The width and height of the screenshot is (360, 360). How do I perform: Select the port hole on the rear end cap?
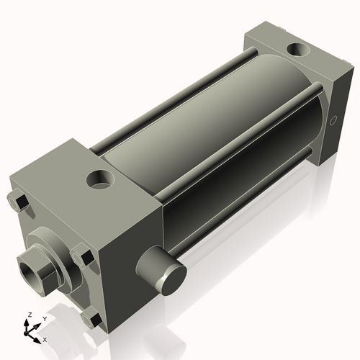pyautogui.click(x=296, y=50)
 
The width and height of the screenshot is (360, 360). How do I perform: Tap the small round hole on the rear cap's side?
pyautogui.click(x=333, y=122)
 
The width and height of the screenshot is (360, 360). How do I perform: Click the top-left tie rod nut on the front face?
pyautogui.click(x=19, y=202)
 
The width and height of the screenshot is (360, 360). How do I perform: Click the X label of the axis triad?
pyautogui.click(x=45, y=338)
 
